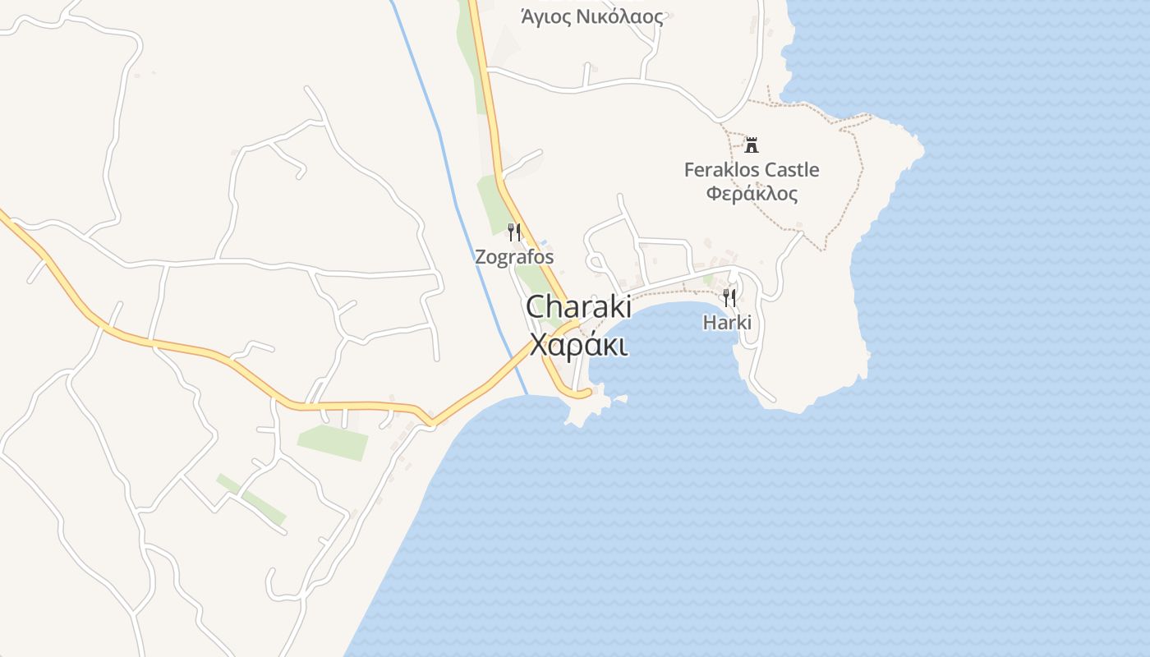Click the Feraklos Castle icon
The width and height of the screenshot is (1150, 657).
(x=751, y=145)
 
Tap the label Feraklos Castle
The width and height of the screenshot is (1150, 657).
(x=752, y=170)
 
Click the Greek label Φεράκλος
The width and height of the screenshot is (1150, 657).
(x=752, y=194)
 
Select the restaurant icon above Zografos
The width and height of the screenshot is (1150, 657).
(x=514, y=232)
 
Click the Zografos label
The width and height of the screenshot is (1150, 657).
(x=514, y=257)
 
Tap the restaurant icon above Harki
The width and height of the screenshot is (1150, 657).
(x=729, y=297)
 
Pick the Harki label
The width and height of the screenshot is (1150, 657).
(x=727, y=323)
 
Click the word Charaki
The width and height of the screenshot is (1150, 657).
(x=578, y=307)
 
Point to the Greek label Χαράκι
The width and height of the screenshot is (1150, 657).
(x=579, y=345)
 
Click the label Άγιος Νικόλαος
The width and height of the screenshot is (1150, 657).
(x=591, y=16)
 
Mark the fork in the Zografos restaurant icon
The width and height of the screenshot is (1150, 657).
(x=511, y=232)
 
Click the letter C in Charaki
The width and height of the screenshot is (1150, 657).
(x=536, y=307)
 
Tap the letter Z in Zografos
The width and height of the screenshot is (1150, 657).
(x=481, y=257)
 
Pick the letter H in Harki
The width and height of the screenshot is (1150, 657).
(x=709, y=323)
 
